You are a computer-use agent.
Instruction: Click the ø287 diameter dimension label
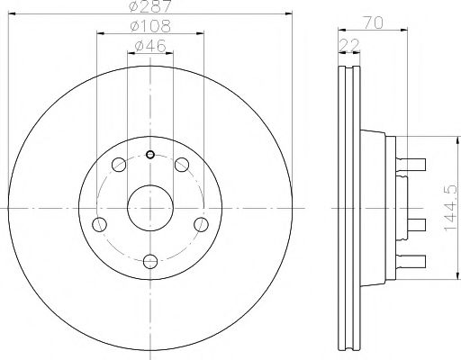point(150,8)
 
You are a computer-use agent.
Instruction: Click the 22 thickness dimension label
point(346,44)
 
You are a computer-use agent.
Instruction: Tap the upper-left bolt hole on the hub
point(119,164)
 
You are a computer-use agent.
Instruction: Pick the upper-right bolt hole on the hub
point(182,164)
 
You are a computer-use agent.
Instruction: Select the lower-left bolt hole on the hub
point(100,223)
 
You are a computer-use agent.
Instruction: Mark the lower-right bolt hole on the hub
point(202,223)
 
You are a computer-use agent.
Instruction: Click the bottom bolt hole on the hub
point(150,261)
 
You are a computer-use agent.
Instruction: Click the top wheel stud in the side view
point(414,163)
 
